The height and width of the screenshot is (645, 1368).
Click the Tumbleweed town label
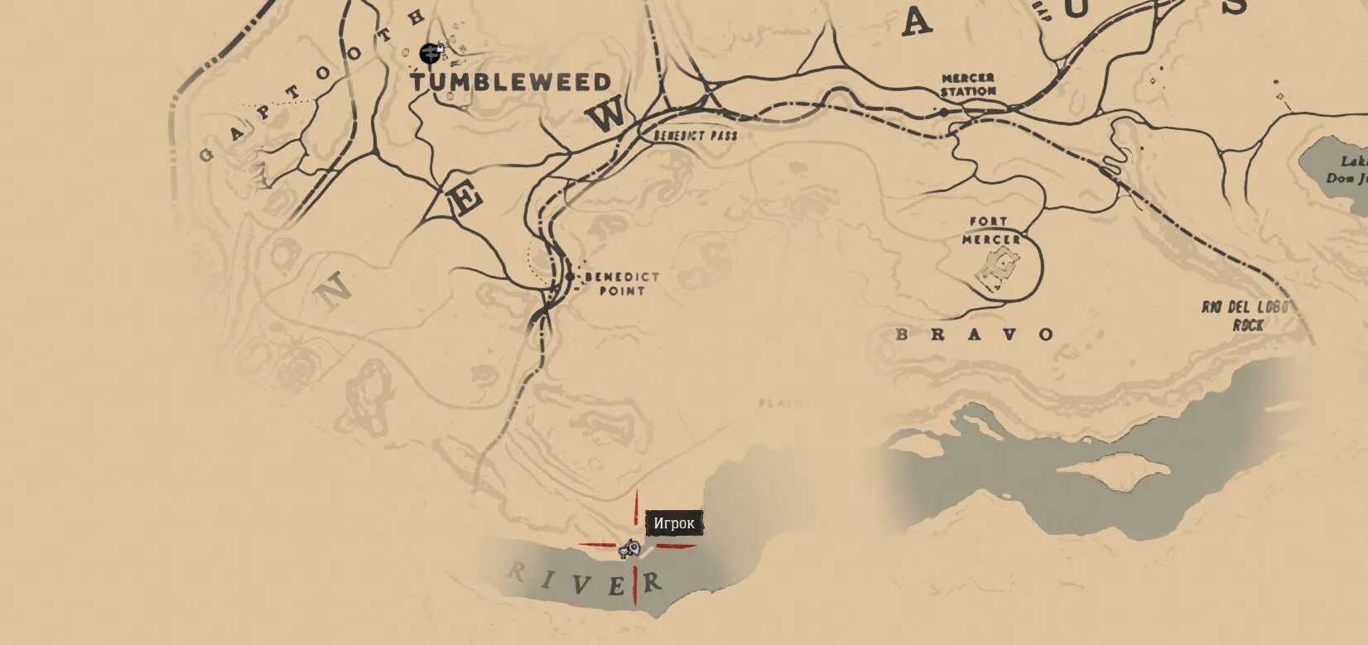click(511, 81)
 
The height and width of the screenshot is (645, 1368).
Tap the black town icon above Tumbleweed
click(429, 54)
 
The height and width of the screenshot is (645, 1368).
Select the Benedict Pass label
click(695, 135)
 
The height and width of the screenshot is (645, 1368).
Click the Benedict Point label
click(622, 284)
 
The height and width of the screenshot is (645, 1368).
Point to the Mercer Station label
click(968, 84)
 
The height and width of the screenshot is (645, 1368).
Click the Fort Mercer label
click(990, 230)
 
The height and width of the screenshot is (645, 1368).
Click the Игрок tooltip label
click(674, 523)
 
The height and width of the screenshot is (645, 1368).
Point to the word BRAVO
click(976, 335)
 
